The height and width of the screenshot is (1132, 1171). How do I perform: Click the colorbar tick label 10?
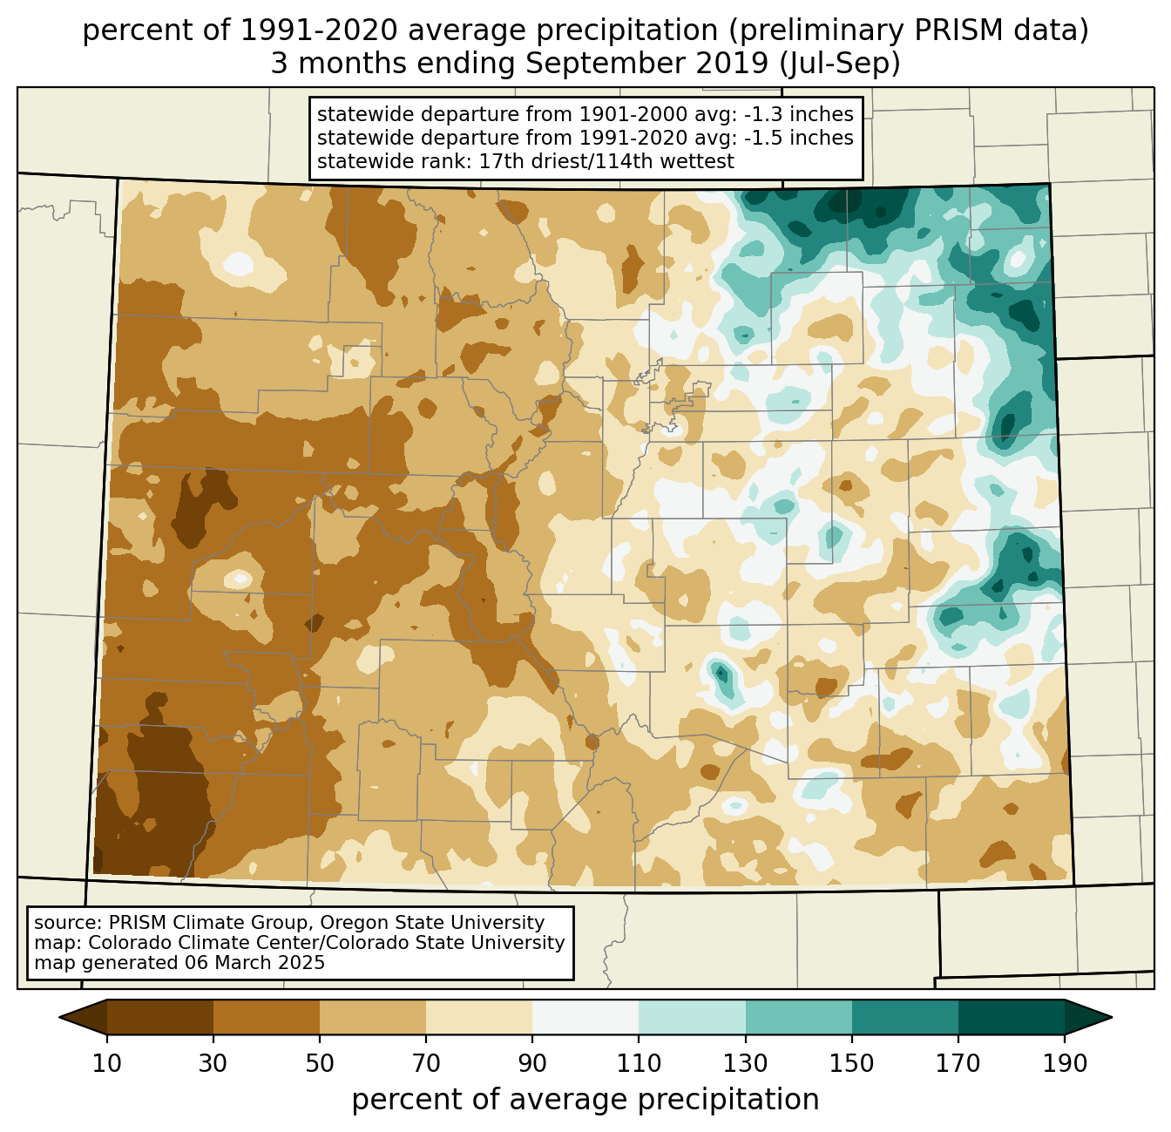click(106, 1064)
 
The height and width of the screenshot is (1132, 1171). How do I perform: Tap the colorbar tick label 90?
click(532, 1064)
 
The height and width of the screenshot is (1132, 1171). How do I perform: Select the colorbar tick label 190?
click(1065, 1064)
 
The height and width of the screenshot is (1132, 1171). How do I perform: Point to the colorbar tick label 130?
click(746, 1064)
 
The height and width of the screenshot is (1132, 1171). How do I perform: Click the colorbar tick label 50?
click(320, 1064)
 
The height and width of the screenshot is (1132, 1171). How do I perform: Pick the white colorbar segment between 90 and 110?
click(585, 1017)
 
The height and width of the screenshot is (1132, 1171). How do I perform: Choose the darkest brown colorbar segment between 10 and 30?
click(160, 1017)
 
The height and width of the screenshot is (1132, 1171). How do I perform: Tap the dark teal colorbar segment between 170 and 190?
click(1012, 1017)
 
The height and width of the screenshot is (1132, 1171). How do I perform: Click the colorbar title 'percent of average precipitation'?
click(585, 1100)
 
